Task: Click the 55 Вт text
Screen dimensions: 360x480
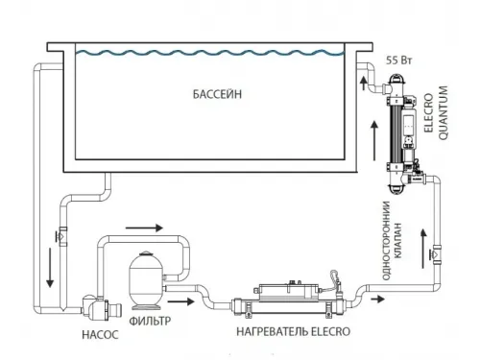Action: point(396,60)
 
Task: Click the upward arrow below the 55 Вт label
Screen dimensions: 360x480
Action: point(363,85)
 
